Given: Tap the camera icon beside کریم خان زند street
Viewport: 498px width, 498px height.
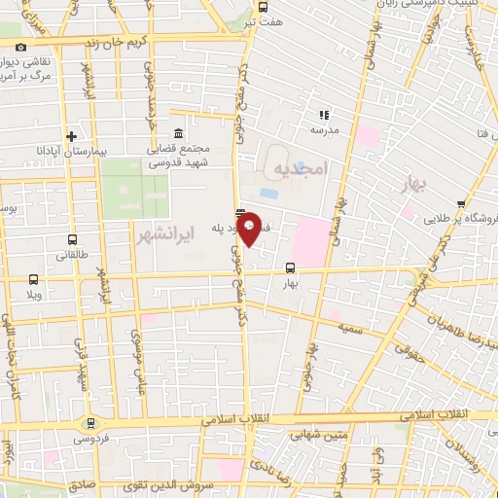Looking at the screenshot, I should click(20, 46).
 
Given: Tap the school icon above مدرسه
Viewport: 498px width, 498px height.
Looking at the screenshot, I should click(324, 115).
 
